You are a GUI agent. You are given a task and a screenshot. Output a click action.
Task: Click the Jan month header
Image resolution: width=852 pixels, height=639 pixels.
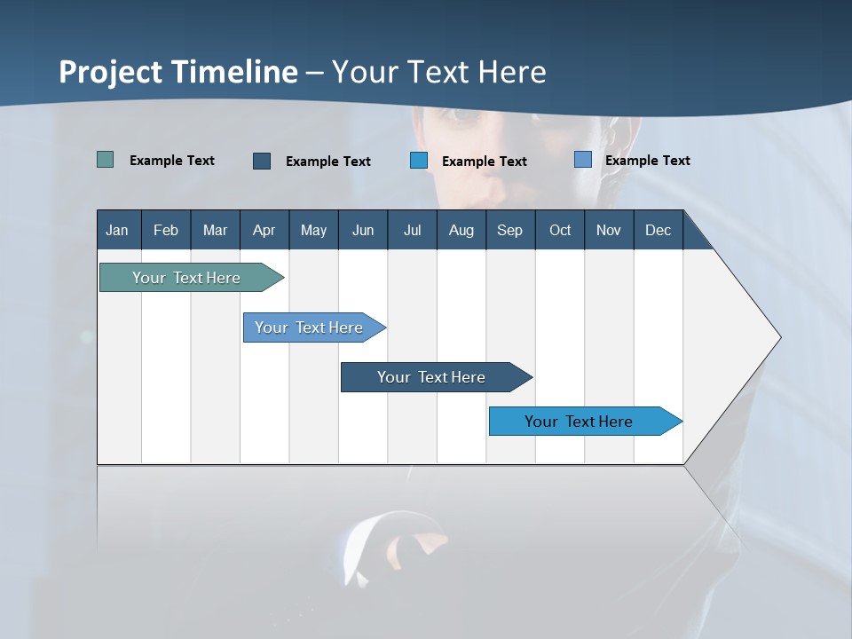[118, 230]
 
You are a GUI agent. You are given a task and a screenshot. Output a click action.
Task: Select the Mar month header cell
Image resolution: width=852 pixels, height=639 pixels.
[215, 230]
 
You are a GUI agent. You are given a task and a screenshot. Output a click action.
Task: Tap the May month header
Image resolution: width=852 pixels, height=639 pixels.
[313, 230]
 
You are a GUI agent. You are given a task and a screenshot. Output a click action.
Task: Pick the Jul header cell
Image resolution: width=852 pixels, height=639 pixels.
[412, 230]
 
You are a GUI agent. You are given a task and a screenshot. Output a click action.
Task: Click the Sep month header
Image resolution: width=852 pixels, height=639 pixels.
[509, 230]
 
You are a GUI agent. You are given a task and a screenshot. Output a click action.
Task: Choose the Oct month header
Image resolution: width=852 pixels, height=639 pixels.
[560, 230]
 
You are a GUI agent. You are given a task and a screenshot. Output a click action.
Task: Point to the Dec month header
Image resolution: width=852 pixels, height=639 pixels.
[658, 230]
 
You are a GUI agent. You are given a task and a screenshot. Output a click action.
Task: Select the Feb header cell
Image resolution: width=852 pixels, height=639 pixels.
[166, 230]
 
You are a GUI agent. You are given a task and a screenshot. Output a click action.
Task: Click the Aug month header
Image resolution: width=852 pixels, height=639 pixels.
[461, 230]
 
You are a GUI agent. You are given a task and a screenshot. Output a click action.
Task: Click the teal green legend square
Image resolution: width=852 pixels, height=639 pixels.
[105, 160]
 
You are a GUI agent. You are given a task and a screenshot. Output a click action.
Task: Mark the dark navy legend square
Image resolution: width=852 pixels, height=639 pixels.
[262, 161]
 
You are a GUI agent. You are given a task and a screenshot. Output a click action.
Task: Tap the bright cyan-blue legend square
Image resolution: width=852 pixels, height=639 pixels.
[419, 161]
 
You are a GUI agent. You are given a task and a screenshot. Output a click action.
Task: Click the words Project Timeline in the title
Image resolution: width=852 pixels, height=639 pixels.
[177, 72]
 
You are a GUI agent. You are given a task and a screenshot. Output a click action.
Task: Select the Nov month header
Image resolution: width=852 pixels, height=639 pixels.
[609, 230]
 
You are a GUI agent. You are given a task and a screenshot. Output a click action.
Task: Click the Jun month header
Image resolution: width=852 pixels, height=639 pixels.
[363, 230]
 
